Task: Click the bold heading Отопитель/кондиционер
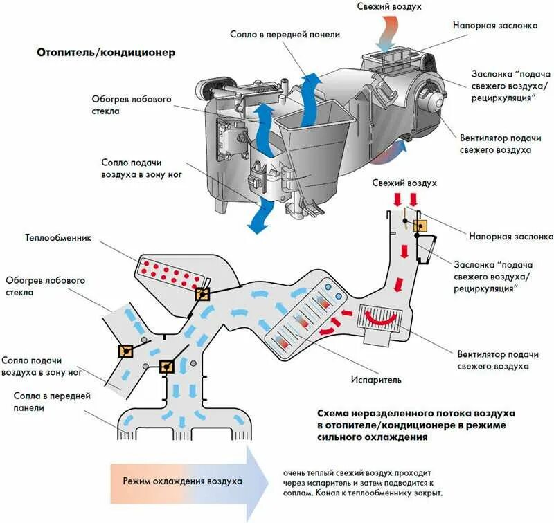[x=105, y=53]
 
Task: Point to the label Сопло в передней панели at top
[x=274, y=34]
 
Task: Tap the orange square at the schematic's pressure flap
[x=420, y=226]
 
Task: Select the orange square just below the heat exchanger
[x=202, y=294]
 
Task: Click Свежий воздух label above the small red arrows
[x=404, y=183]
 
